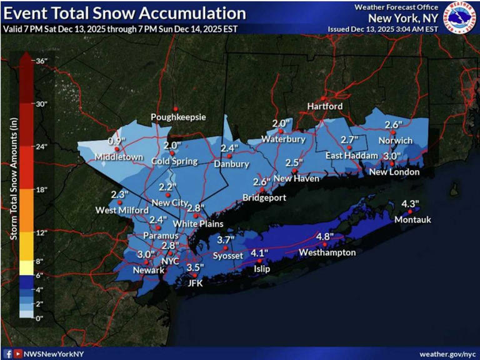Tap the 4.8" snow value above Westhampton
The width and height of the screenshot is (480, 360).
click(x=324, y=236)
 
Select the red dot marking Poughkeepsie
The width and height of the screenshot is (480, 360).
click(x=176, y=107)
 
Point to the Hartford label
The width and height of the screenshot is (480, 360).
click(x=325, y=106)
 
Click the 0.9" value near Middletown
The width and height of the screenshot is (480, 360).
click(x=113, y=141)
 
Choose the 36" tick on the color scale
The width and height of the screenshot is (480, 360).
click(x=41, y=61)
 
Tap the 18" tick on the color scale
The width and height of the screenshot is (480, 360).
click(x=41, y=189)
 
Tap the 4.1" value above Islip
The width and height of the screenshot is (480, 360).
click(x=259, y=252)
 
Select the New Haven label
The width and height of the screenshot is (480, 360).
click(x=297, y=179)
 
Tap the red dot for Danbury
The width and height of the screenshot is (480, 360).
click(x=229, y=156)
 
